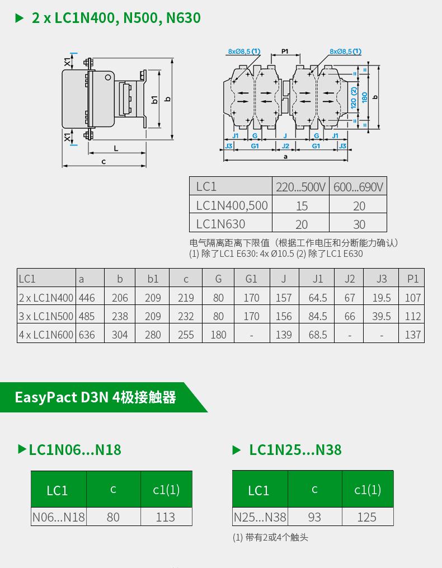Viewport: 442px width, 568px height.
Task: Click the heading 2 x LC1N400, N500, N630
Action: (x=116, y=18)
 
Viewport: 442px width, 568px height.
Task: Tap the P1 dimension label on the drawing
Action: (x=285, y=51)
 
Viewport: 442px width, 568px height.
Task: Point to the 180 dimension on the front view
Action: (x=364, y=97)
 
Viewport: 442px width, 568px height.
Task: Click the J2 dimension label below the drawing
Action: (x=285, y=146)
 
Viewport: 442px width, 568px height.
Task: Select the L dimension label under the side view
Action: (x=116, y=148)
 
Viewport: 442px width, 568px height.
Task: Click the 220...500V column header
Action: (x=300, y=187)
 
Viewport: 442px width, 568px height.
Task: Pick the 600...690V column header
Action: (x=358, y=187)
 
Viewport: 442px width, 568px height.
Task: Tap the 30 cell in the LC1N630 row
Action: (x=359, y=224)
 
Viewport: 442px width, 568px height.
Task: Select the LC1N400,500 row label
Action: (x=232, y=205)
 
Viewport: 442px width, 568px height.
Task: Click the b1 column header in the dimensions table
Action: (x=153, y=279)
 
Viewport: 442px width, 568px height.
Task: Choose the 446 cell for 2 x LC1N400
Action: (x=87, y=298)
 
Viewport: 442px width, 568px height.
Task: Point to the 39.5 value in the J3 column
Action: (x=382, y=316)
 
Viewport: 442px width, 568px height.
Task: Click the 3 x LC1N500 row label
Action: (x=46, y=316)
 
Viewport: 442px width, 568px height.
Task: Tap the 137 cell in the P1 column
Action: (x=413, y=335)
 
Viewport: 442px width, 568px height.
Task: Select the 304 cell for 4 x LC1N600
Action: (x=120, y=335)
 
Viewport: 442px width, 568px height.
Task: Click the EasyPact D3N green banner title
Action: (x=96, y=397)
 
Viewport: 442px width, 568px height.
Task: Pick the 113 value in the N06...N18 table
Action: (x=166, y=517)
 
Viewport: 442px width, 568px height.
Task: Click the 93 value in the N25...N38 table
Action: (x=314, y=517)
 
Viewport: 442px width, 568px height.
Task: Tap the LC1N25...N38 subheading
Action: (x=295, y=450)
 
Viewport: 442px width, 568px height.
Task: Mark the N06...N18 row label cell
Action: (x=58, y=517)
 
